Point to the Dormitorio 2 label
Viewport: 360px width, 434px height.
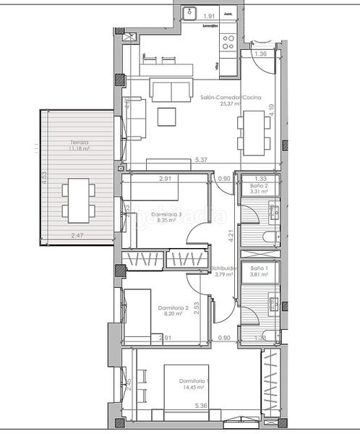point(173,307)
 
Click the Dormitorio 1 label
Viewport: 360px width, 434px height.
point(194,381)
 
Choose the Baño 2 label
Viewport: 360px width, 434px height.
point(260,185)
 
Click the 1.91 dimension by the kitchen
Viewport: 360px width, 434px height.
point(210,15)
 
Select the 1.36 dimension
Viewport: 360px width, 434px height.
point(261,54)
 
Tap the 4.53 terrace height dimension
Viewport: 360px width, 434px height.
point(44,177)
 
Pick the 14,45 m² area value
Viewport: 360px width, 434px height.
point(194,388)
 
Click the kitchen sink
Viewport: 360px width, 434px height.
point(192,12)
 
